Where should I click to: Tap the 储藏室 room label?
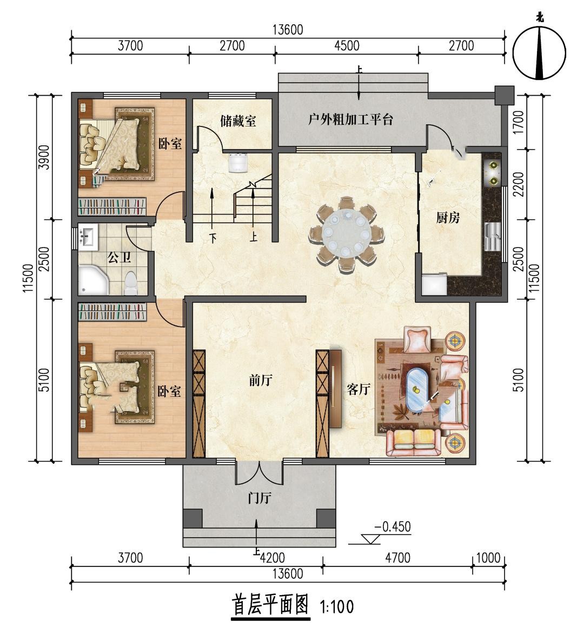(238, 121)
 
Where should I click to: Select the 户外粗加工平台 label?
(350, 119)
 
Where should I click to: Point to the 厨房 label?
(448, 218)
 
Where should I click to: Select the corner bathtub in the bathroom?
(94, 280)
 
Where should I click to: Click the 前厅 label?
(260, 380)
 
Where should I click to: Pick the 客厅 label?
(359, 390)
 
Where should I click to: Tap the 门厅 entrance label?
(260, 498)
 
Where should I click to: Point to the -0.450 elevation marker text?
(392, 527)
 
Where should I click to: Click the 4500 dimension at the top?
(347, 45)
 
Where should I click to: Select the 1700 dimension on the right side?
(518, 122)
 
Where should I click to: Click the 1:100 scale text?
(337, 607)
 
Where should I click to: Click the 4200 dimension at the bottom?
(272, 558)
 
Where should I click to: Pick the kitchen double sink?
(493, 237)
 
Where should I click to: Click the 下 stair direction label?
(213, 237)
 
